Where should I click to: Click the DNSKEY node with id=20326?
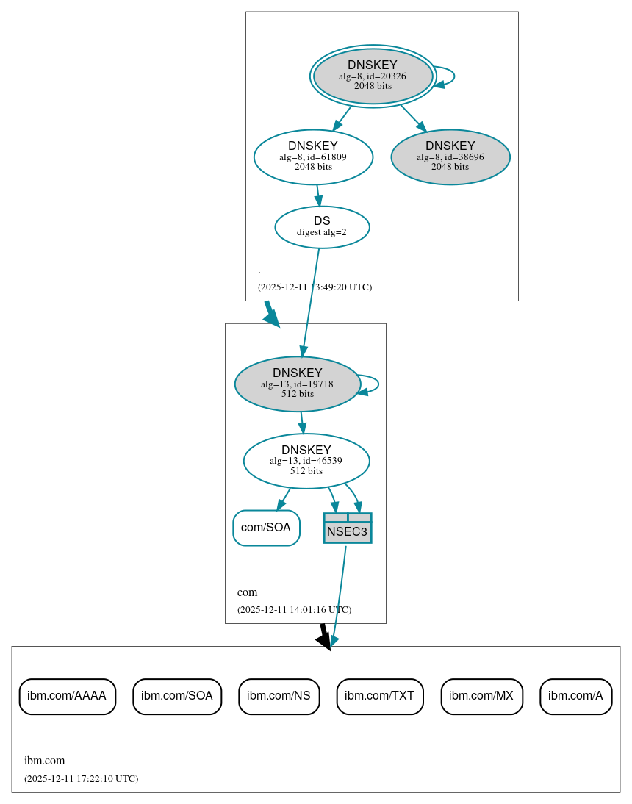click(x=373, y=76)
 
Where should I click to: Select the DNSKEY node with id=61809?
click(x=313, y=157)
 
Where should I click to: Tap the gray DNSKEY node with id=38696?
click(x=450, y=157)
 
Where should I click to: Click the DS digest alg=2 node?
click(x=322, y=227)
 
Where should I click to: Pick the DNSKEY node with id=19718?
click(x=297, y=384)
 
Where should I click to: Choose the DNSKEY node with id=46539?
click(x=306, y=461)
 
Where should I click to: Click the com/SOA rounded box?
click(x=266, y=528)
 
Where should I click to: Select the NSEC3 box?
click(x=348, y=528)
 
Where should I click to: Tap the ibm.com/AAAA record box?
click(x=67, y=696)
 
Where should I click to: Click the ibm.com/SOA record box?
click(x=177, y=696)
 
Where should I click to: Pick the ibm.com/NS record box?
click(x=279, y=696)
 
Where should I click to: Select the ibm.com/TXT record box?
click(x=379, y=696)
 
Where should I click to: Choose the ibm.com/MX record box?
click(x=481, y=696)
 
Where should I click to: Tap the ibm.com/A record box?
click(x=575, y=696)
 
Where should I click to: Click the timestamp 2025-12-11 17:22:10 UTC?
click(x=81, y=779)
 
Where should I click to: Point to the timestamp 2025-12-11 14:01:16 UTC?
click(x=294, y=610)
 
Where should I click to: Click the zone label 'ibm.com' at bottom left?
click(x=44, y=761)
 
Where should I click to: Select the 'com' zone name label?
click(x=247, y=592)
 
